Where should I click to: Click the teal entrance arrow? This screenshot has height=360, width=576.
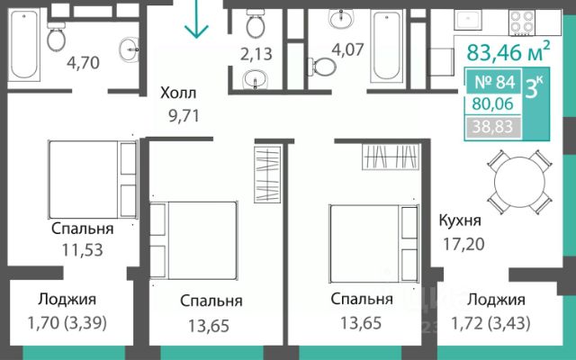coord(196,19)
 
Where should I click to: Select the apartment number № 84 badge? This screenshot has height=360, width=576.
coord(494,82)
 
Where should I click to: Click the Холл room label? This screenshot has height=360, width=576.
coord(178,93)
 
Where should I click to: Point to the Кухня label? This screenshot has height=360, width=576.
coord(460,220)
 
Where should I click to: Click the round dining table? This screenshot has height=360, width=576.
coord(519,182)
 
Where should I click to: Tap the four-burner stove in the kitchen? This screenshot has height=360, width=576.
coord(523,22)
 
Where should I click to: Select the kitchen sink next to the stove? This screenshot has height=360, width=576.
coord(468,20)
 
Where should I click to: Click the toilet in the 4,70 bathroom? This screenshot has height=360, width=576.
coord(56,36)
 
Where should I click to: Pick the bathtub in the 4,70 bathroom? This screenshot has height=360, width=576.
coord(24,44)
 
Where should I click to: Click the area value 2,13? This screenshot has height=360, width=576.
coord(256,54)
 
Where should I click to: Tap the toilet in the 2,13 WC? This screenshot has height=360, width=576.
coord(256,23)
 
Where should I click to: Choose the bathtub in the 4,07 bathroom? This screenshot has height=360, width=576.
coord(386,45)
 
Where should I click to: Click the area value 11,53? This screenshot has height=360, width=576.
coord(82,250)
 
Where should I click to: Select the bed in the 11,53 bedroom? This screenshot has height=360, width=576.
coord(93,179)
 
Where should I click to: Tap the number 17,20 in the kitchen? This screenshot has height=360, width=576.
coord(463,244)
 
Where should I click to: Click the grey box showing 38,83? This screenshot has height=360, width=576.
coord(492,127)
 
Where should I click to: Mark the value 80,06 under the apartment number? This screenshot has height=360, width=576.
coord(492,104)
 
